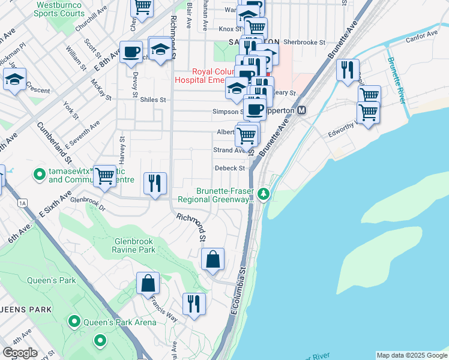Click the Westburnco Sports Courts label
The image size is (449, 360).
[x=60, y=8]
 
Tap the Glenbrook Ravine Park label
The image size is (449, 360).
[x=134, y=245]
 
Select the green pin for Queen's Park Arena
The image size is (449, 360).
[x=74, y=322]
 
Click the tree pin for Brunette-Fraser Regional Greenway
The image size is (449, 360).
[x=264, y=194]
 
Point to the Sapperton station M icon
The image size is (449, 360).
[x=301, y=110]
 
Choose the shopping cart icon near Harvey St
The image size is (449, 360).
[x=104, y=176]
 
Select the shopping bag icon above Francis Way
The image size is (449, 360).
[x=148, y=283]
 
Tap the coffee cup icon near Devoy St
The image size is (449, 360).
[x=130, y=52]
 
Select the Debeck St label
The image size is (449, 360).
[x=230, y=169]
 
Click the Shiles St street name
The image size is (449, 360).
[x=152, y=100]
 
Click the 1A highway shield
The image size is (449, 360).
[x=23, y=203]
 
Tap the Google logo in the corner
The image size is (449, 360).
[x=20, y=353]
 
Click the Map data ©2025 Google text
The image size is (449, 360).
[x=411, y=355]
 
